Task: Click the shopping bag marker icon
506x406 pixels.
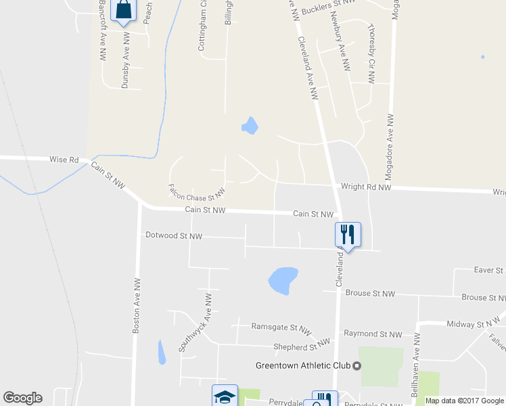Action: pyautogui.click(x=124, y=11)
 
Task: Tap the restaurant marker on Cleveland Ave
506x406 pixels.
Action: pyautogui.click(x=348, y=235)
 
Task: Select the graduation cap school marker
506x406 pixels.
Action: pyautogui.click(x=225, y=397)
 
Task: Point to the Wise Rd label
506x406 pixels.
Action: pyautogui.click(x=64, y=160)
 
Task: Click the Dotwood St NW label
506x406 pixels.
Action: pyautogui.click(x=174, y=236)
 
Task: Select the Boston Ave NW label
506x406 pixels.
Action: pyautogui.click(x=137, y=305)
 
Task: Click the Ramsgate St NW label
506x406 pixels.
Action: pyautogui.click(x=276, y=326)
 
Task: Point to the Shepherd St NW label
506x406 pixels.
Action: pyautogui.click(x=296, y=347)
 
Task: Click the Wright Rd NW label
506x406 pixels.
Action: pyautogui.click(x=366, y=187)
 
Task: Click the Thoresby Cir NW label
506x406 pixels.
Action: pyautogui.click(x=371, y=54)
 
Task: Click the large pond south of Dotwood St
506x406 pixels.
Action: pyautogui.click(x=283, y=279)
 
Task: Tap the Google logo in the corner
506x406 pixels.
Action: pyautogui.click(x=22, y=398)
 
